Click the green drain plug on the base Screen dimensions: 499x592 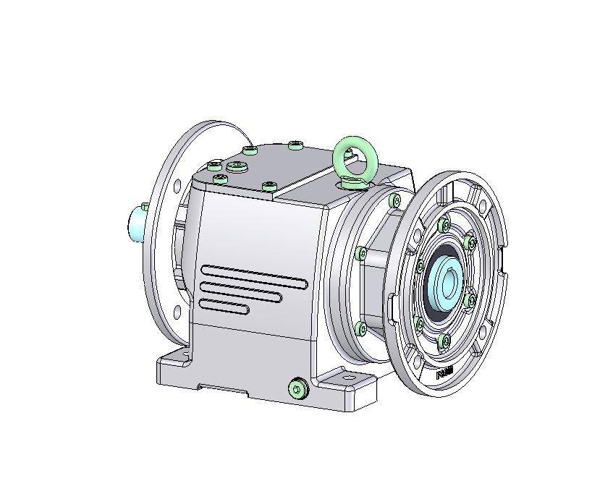pyautogui.click(x=297, y=389)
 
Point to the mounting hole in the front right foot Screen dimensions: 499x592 pyautogui.click(x=350, y=379)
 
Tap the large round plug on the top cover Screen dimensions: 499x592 pyautogui.click(x=237, y=167)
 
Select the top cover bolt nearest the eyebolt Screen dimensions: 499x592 pyautogui.click(x=295, y=145)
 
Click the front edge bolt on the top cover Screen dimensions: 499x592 pyautogui.click(x=269, y=187)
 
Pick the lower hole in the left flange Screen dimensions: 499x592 pyautogui.click(x=177, y=312)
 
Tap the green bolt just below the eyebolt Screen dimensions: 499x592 pyautogui.click(x=394, y=200)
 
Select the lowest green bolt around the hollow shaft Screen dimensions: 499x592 pyautogui.click(x=445, y=340)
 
